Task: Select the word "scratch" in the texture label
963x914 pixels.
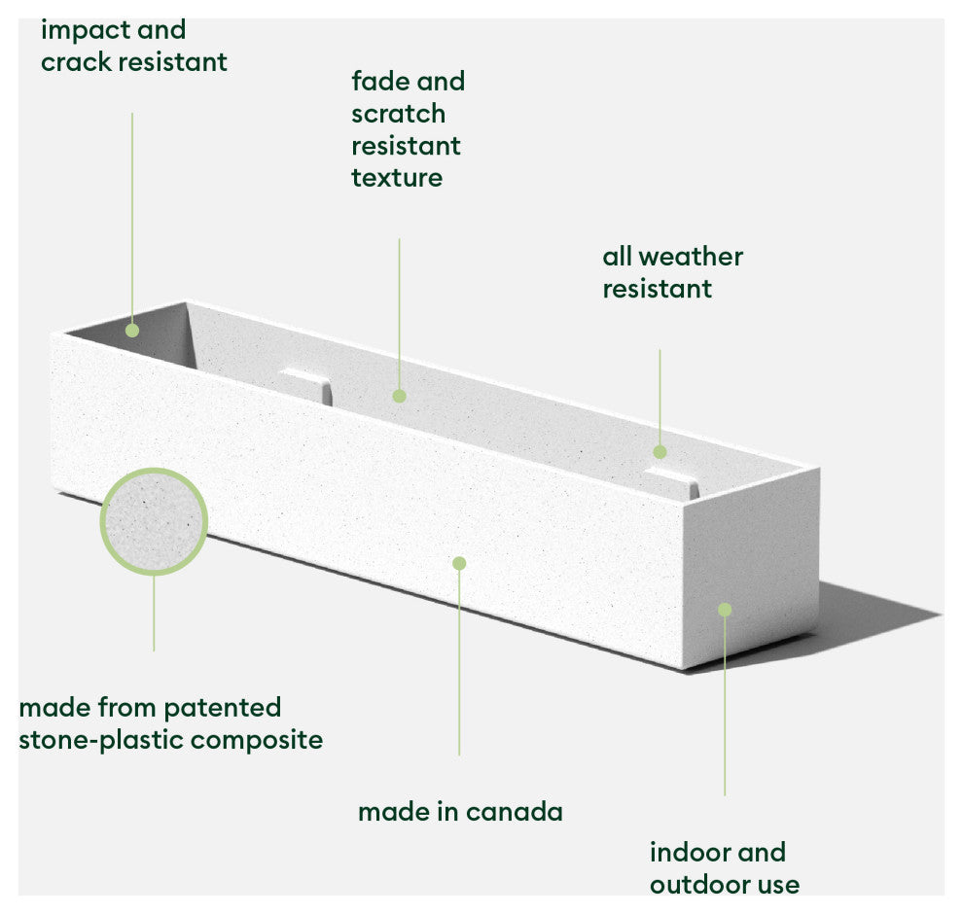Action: click(398, 114)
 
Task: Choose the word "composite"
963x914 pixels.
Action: click(257, 740)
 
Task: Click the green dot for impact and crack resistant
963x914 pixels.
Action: click(132, 331)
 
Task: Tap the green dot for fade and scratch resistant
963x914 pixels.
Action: click(399, 396)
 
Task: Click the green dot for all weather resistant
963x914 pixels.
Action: click(660, 451)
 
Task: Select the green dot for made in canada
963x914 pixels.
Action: click(459, 563)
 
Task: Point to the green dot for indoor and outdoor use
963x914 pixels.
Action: click(724, 610)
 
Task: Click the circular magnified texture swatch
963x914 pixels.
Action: click(154, 522)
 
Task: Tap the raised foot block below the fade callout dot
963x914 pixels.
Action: click(306, 383)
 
